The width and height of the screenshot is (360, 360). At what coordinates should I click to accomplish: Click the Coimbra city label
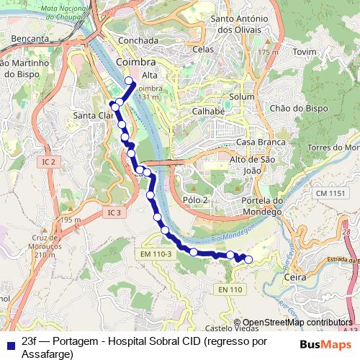135,63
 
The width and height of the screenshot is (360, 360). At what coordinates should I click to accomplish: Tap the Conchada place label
138,41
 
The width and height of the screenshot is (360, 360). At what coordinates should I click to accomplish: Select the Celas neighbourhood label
204,49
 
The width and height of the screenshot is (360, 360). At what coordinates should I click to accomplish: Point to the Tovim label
305,53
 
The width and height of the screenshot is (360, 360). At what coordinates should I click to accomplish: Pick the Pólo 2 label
196,199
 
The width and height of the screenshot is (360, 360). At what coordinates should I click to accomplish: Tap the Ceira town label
296,276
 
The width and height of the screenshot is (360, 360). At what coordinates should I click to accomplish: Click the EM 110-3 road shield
156,253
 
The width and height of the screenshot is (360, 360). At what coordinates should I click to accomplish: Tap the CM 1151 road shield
330,194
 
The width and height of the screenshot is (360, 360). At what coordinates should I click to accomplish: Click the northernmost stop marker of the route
130,81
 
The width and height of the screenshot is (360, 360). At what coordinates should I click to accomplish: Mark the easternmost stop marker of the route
249,259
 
